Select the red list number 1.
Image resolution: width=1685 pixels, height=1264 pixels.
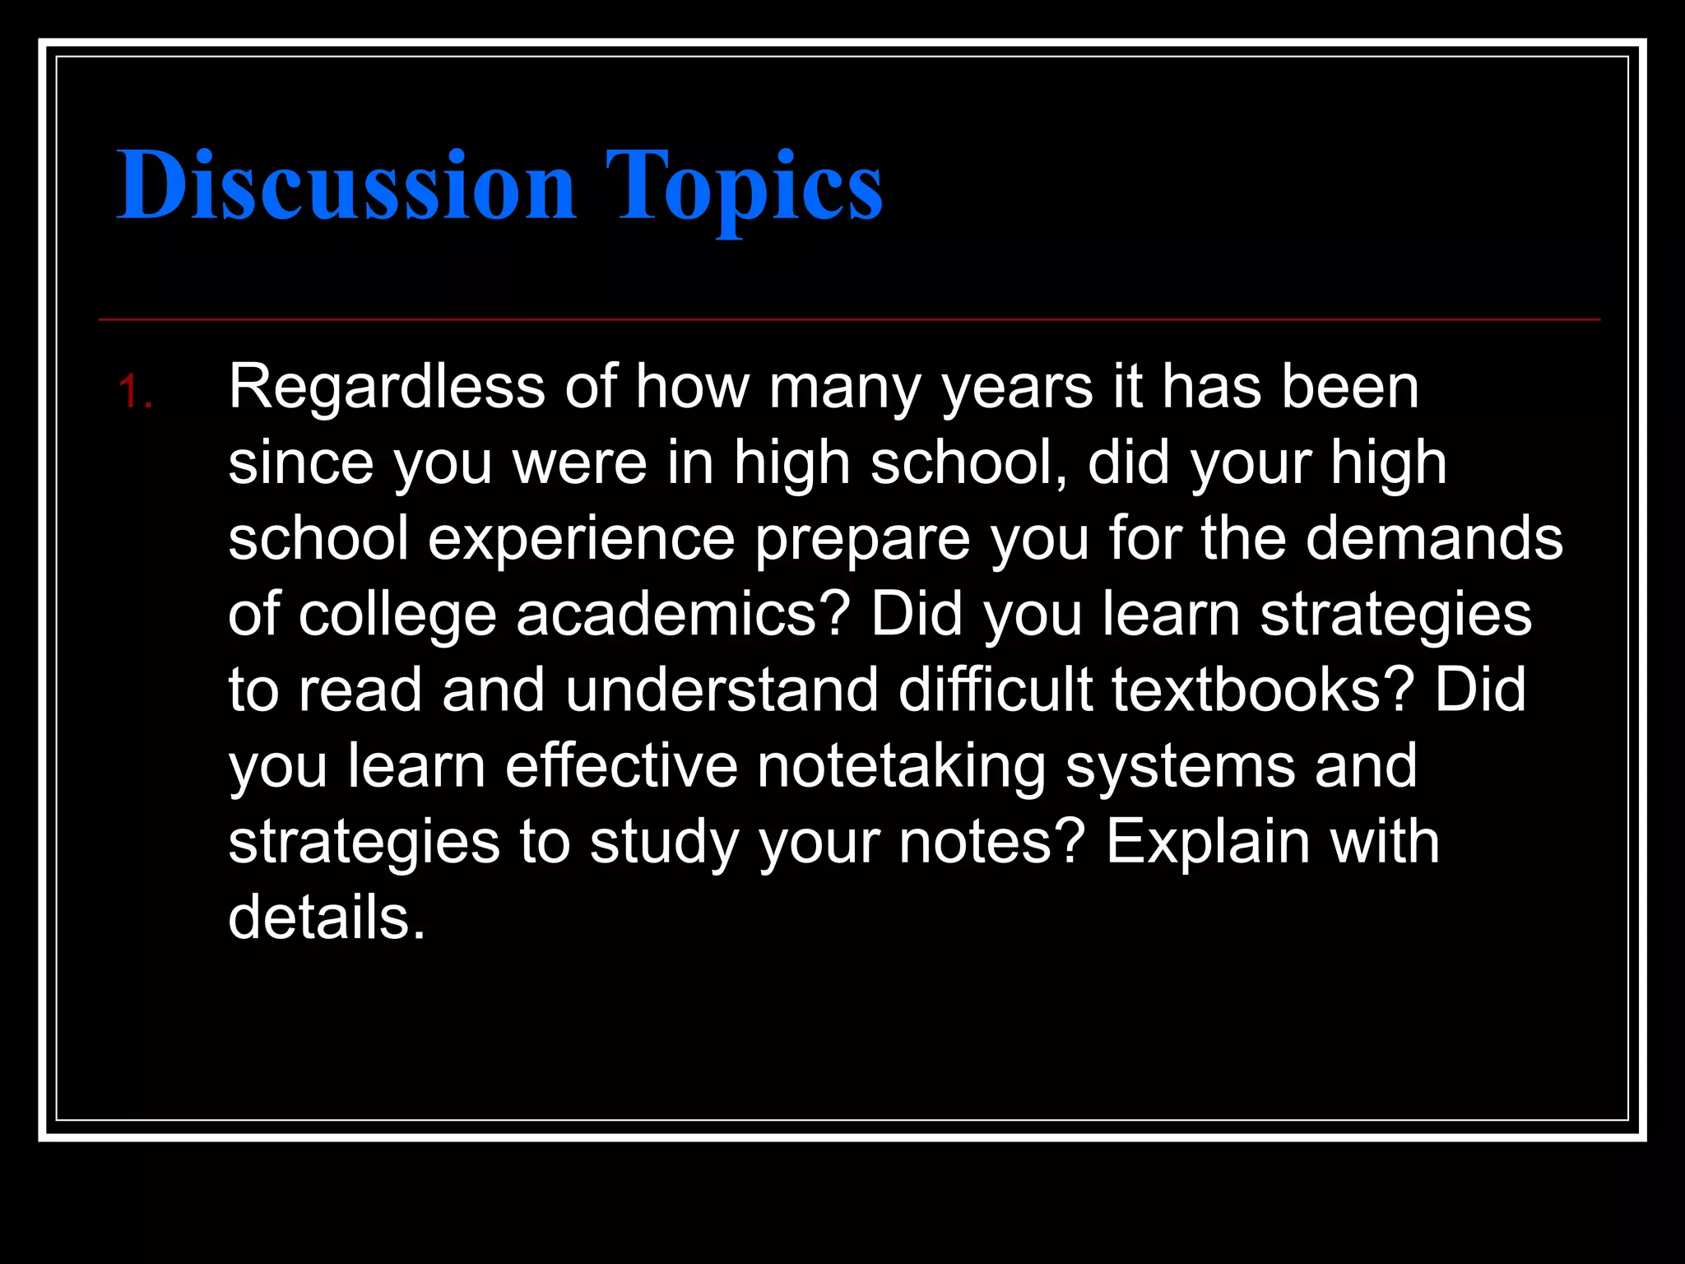click(134, 392)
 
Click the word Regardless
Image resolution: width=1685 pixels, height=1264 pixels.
click(387, 386)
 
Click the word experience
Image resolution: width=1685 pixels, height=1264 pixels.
click(581, 540)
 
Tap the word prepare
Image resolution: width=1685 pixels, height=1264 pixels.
click(862, 540)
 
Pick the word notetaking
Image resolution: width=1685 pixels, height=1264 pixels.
click(901, 767)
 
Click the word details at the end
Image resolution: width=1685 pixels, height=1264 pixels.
click(326, 917)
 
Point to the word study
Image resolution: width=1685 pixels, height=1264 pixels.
click(663, 843)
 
